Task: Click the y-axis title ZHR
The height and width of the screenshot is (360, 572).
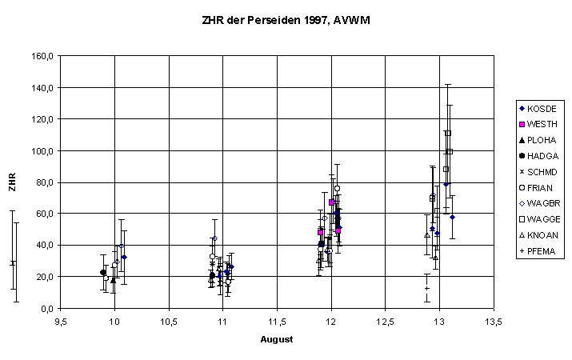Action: (12, 182)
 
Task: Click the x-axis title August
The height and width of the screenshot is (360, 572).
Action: (276, 339)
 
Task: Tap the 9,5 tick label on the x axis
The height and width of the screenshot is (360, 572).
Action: (60, 322)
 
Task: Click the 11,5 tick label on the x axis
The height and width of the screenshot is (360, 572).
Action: (277, 322)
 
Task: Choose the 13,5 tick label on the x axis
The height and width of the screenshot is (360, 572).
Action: (494, 322)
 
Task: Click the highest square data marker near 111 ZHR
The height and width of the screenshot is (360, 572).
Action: (448, 133)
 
